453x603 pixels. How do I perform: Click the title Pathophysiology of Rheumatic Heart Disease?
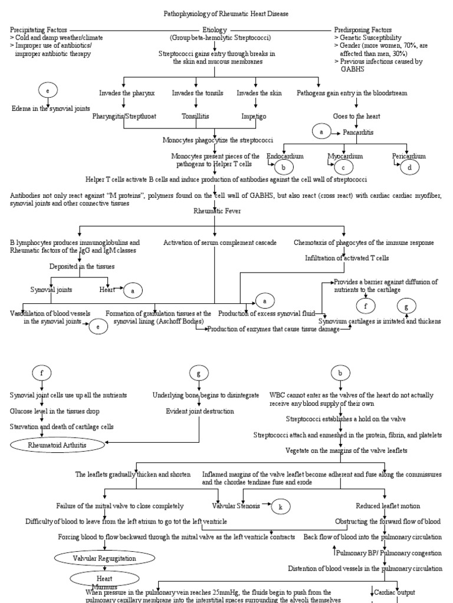point(226,13)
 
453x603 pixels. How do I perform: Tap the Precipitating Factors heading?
point(38,29)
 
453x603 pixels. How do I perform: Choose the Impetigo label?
point(254,116)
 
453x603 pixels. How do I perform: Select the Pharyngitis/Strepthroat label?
point(124,116)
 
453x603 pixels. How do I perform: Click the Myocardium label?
point(345,156)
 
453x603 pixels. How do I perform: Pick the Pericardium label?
point(409,156)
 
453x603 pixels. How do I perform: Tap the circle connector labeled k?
point(281,506)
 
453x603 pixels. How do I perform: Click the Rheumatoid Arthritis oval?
point(57,445)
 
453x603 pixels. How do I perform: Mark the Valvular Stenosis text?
point(236,506)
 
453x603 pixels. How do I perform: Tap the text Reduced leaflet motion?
point(384,506)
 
